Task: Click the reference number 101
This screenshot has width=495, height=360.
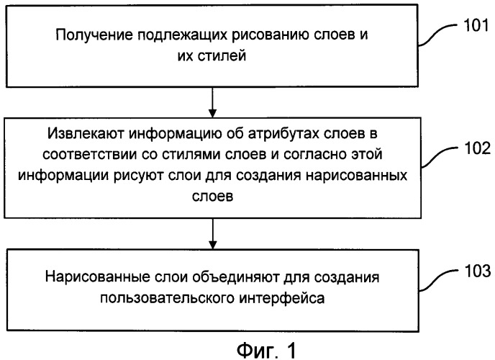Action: (476, 25)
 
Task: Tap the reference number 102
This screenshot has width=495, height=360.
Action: (477, 148)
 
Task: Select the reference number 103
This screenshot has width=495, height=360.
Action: (477, 271)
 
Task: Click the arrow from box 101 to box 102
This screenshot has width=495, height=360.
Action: (213, 102)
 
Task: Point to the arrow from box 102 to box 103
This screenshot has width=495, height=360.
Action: (213, 234)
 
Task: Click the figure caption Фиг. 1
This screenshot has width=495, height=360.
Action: (267, 350)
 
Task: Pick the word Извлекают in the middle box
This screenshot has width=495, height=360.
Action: (86, 133)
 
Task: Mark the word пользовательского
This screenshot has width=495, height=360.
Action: (167, 298)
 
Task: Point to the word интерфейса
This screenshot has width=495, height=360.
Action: (281, 298)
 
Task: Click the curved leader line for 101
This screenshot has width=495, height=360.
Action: (438, 34)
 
